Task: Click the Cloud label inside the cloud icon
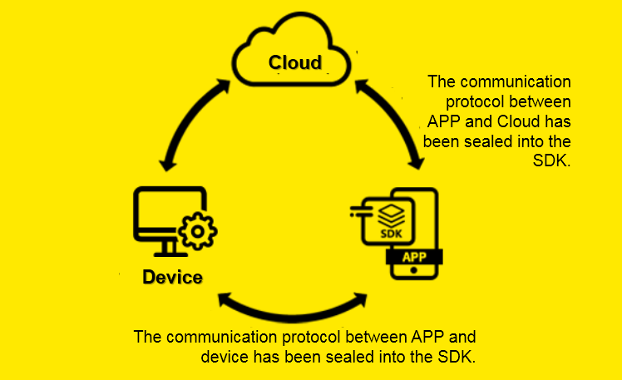(294, 63)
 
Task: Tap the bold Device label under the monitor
(172, 277)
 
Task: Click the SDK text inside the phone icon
(390, 234)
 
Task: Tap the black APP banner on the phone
(414, 257)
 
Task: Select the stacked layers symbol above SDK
(390, 213)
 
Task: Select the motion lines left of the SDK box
(358, 215)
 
